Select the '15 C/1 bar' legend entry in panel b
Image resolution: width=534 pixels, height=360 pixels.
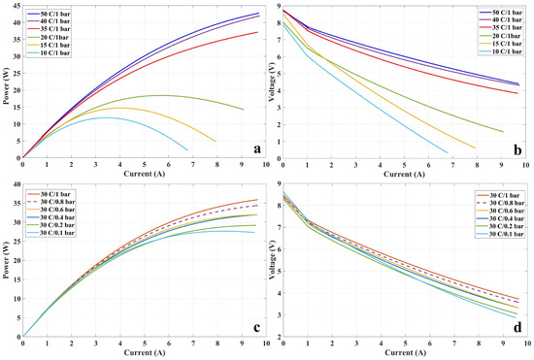[x=485, y=48]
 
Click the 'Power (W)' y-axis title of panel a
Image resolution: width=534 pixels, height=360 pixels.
[x=6, y=82]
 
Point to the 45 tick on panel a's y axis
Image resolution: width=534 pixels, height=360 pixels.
[x=16, y=9]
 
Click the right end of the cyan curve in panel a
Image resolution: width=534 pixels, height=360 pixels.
[x=187, y=149]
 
